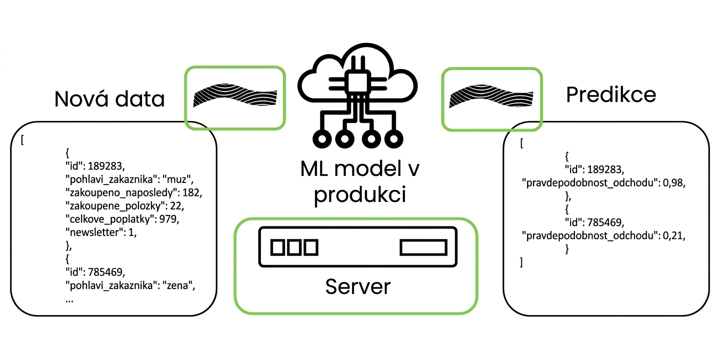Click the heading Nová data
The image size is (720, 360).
109,98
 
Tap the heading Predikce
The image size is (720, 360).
610,95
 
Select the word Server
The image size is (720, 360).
358,286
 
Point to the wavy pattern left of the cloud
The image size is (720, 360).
235,95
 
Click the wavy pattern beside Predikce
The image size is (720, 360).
491,96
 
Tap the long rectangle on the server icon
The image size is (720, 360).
423,247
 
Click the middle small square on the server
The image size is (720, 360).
294,247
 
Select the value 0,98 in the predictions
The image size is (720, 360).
674,183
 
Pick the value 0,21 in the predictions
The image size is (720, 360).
674,236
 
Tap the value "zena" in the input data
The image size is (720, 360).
180,285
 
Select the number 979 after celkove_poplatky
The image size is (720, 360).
169,219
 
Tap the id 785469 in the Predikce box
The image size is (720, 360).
605,222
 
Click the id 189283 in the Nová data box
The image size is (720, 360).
106,166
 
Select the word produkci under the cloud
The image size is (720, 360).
359,195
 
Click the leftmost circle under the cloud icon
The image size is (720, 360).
322,139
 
